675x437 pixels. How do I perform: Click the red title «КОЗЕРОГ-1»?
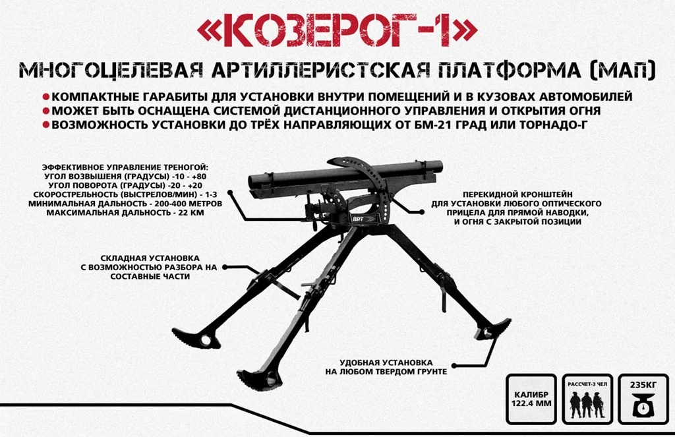337,32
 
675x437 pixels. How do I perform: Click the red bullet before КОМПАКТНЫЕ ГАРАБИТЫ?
46,96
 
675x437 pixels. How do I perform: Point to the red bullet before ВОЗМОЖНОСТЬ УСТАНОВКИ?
46,125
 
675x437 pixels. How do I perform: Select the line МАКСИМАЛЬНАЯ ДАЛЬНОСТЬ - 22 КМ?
125,213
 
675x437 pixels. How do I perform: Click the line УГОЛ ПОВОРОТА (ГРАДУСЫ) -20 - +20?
125,186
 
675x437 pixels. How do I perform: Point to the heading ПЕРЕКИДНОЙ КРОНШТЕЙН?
517,194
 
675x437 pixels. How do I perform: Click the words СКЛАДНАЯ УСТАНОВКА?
150,258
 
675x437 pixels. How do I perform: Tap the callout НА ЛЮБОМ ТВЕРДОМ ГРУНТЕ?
386,372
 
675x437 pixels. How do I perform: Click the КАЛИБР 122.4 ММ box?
531,399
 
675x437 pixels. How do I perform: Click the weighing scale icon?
643,407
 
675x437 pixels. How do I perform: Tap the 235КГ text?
643,385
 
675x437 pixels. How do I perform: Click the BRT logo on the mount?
358,219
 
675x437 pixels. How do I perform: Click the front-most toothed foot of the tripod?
260,379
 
